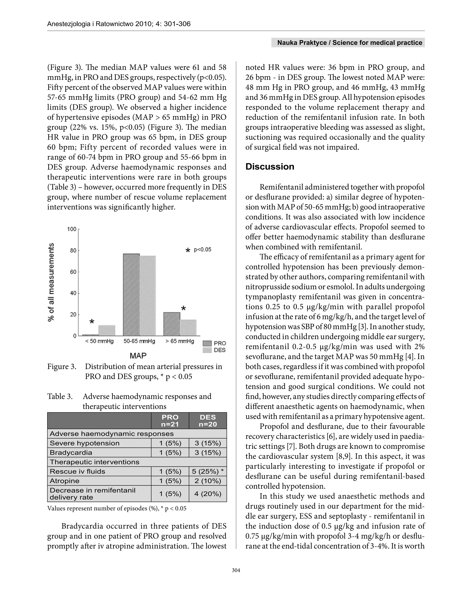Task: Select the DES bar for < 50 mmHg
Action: coord(107,330)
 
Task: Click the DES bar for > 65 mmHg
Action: coord(188,328)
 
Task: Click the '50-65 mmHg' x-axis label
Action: coord(139,341)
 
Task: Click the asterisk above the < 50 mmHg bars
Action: coord(92,322)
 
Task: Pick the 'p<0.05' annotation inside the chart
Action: coord(203,249)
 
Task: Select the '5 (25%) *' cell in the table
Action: coord(208,471)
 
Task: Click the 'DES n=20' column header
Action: coord(208,420)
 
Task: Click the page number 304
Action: coord(236,570)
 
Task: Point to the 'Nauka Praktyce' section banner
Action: coord(349,43)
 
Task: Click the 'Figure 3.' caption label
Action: coord(62,367)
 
